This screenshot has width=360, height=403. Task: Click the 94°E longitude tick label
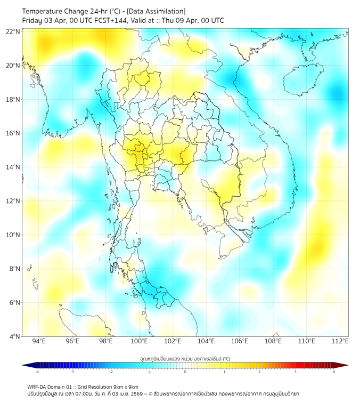[x=39, y=341]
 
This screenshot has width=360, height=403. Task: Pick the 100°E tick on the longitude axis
[x=139, y=341]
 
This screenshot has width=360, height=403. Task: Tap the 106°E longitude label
[x=240, y=341]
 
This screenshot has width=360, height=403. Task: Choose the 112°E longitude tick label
[x=340, y=341]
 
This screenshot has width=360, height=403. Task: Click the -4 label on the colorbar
[x=37, y=372]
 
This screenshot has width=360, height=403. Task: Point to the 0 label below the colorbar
[x=185, y=372]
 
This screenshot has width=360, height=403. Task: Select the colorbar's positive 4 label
[x=333, y=372]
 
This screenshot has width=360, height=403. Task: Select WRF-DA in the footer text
[x=37, y=386]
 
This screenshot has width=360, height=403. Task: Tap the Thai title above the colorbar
[x=185, y=358]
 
